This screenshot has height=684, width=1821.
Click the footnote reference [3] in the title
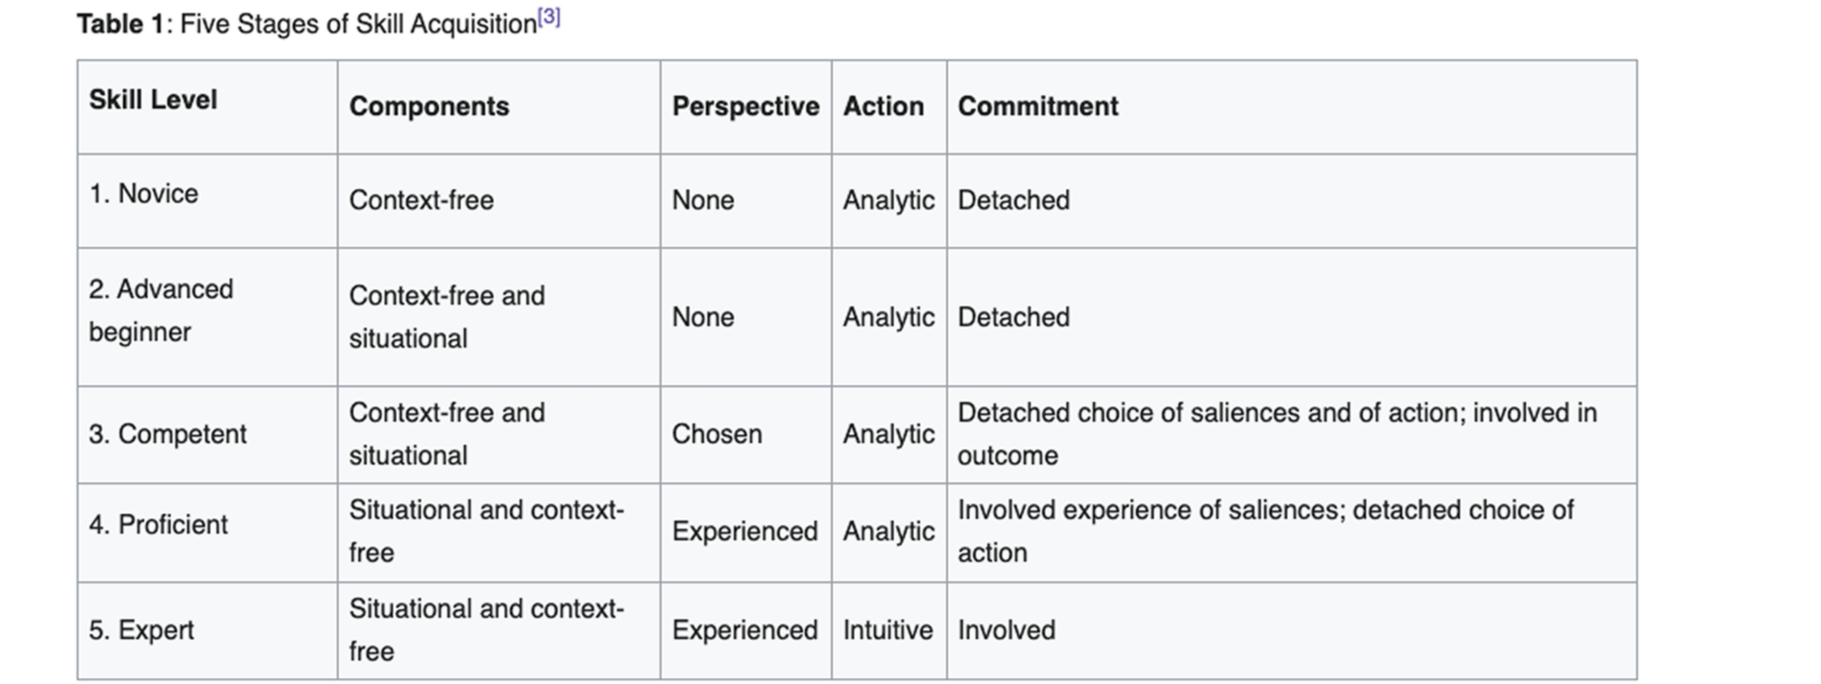pos(548,17)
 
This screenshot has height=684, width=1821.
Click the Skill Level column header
pos(153,100)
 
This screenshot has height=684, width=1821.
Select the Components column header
pos(428,107)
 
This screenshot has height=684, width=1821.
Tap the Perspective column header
pos(745,107)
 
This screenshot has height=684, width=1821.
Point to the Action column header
pos(884,107)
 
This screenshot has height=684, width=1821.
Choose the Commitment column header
pos(1037,107)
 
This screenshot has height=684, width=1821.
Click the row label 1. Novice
pos(143,194)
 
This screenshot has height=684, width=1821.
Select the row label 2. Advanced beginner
pos(160,310)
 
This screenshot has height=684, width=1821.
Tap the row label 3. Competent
pos(167,434)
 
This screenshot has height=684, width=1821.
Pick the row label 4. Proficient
pos(158,525)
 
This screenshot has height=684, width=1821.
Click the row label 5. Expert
pos(141,630)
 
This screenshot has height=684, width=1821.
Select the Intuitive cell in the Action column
pos(887,630)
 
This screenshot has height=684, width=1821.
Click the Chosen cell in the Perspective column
pos(716,434)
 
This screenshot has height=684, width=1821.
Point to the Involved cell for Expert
pos(1006,630)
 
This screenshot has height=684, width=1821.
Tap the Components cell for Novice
pos(421,201)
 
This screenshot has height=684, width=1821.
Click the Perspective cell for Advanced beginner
pos(702,318)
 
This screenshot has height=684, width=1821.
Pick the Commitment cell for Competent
pos(1275,434)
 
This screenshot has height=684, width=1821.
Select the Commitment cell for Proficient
pos(1264,531)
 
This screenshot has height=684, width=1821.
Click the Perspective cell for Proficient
pos(744,531)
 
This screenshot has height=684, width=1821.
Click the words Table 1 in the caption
pos(120,24)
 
